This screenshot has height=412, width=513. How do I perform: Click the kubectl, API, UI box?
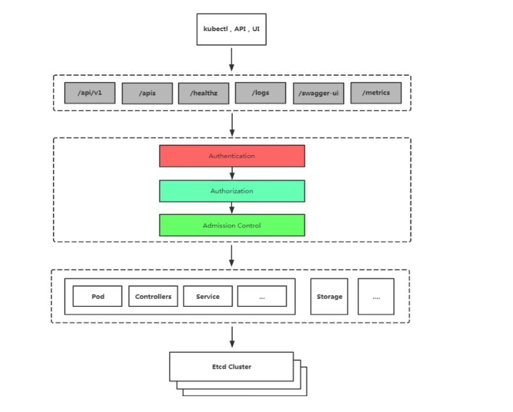231,29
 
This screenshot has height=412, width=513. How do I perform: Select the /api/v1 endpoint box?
89,93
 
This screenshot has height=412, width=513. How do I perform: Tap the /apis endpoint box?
147,93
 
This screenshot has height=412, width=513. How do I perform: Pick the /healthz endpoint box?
203,93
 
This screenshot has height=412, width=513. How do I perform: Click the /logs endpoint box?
260,93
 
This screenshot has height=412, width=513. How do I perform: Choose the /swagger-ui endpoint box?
318,93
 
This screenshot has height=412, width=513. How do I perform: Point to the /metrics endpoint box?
376,93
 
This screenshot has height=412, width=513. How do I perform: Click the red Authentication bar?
232,156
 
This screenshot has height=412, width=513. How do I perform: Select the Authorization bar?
232,191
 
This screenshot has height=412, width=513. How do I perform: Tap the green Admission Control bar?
232,225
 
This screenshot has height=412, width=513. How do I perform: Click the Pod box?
98,296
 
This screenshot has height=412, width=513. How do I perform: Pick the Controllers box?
153,296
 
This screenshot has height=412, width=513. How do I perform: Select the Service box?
207,296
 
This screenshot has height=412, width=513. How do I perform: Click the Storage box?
329,296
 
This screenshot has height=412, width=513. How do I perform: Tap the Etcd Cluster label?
232,367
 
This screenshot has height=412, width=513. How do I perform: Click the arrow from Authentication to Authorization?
232,174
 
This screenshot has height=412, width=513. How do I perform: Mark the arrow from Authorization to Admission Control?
232,208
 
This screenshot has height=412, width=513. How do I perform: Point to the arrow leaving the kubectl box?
232,59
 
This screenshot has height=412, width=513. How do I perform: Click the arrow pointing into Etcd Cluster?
232,337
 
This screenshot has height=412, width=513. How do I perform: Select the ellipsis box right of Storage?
376,296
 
